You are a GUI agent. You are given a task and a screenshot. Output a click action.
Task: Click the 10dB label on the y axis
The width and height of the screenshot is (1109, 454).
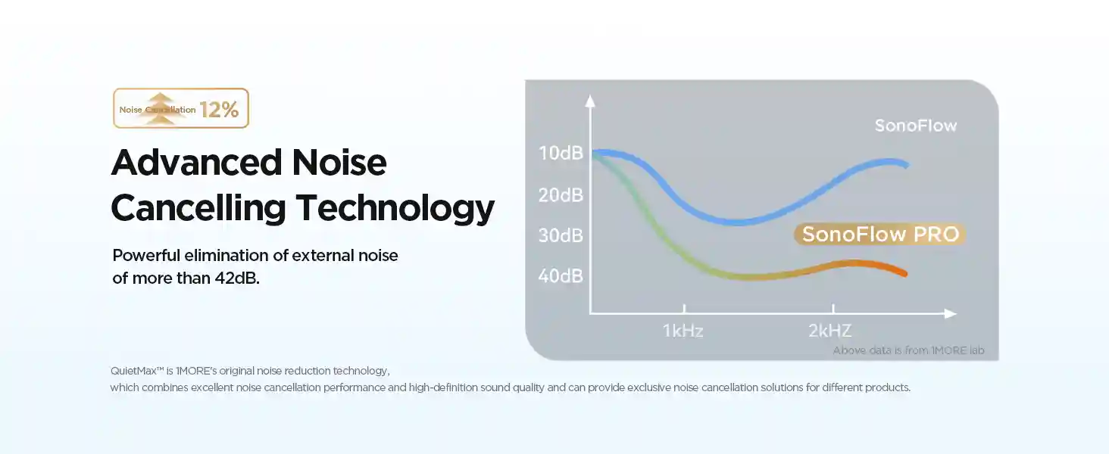[x=561, y=154]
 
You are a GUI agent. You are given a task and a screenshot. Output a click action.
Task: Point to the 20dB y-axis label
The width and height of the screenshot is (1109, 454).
[x=561, y=194]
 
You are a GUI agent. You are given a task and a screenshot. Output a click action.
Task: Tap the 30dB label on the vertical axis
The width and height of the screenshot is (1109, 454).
[x=561, y=235]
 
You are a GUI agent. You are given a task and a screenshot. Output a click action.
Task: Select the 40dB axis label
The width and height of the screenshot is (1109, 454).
[x=561, y=276]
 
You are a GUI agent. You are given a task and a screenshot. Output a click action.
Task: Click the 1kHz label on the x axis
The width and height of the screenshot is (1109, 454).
[x=683, y=331]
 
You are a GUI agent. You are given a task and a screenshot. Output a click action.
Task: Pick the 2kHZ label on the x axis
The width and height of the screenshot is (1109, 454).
[x=829, y=331]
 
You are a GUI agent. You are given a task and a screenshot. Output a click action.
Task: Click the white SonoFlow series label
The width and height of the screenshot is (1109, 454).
[x=915, y=126]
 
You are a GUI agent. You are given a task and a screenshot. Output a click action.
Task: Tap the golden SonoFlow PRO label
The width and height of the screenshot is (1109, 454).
[x=880, y=235]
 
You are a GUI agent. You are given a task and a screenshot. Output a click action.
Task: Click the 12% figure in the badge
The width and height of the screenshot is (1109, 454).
[x=220, y=110]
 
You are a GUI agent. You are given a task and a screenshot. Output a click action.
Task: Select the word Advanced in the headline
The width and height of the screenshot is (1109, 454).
[x=192, y=163]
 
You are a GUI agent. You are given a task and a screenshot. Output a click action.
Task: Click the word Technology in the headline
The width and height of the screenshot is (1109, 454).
[x=395, y=207]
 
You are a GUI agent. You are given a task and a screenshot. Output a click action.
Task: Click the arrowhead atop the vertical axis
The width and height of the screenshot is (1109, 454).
[x=591, y=98]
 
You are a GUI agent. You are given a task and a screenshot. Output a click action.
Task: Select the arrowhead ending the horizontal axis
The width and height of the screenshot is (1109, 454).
[x=951, y=313]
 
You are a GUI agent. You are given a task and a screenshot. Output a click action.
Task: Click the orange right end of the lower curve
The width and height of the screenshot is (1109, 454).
[x=903, y=272]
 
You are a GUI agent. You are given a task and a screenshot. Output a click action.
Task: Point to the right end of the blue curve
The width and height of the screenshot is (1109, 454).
[x=904, y=163]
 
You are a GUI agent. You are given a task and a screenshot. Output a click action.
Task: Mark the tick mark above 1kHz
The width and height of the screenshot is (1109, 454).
[x=684, y=309]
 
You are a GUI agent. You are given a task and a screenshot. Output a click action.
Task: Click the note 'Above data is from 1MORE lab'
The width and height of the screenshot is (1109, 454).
[x=914, y=350]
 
